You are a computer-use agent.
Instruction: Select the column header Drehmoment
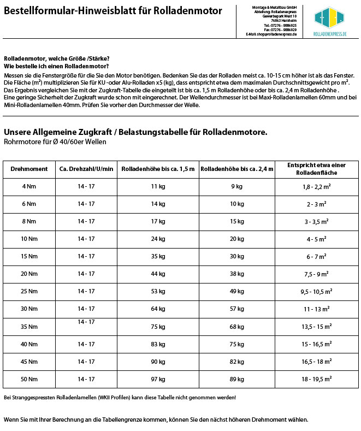coord(29,169)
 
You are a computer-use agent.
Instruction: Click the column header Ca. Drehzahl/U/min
coord(86,169)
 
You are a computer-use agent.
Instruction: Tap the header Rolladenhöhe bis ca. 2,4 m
coord(237,169)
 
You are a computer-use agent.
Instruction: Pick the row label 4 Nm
coord(29,186)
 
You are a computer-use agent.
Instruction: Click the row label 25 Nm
coord(29,291)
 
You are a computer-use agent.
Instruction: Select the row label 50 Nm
coord(29,379)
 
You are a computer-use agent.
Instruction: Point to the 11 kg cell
coord(158,186)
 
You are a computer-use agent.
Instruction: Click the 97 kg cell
coord(158,379)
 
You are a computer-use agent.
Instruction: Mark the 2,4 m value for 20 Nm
coord(237,274)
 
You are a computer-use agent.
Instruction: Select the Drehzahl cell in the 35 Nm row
coord(86,322)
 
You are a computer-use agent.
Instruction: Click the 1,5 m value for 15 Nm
coord(158,256)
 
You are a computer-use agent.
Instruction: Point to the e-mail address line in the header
coord(271,34)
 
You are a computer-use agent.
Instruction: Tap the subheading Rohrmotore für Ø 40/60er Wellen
coord(55,141)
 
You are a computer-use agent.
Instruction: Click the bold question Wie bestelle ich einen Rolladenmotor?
coord(56,66)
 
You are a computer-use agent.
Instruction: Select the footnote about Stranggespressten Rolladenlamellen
coord(120,397)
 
